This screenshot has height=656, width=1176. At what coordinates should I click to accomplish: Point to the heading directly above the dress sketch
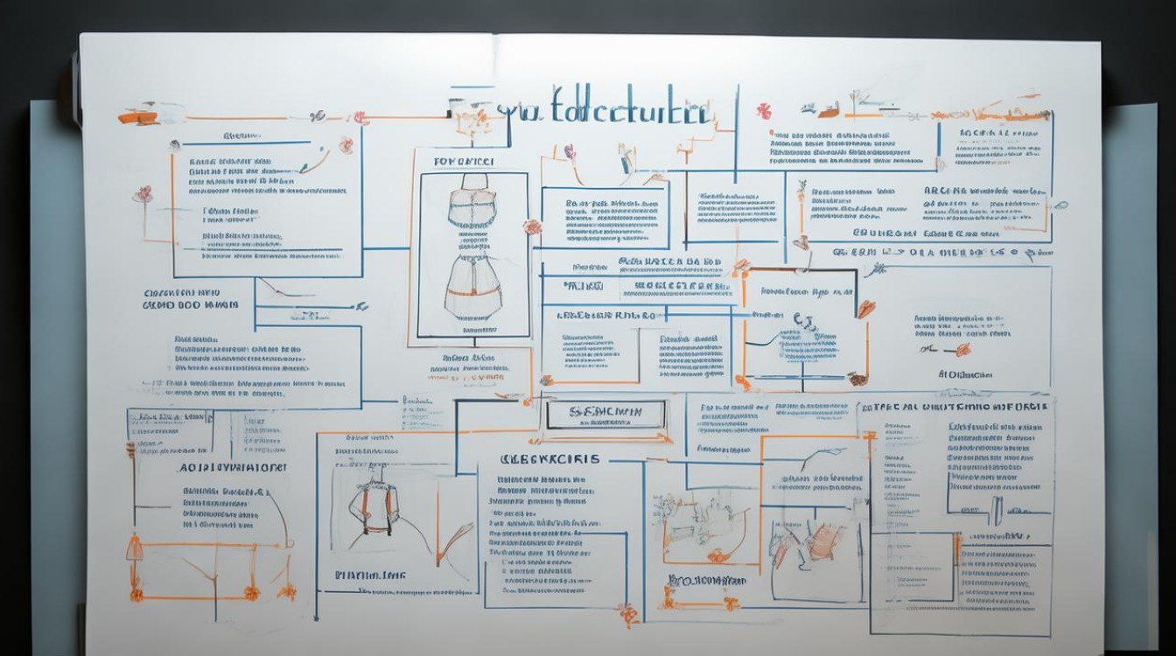pos(464,162)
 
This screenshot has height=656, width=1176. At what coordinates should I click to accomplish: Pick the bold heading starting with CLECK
pos(549,458)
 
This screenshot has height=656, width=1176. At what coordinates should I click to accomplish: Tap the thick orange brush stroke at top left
pos(140,115)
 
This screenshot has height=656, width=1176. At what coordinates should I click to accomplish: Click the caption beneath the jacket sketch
pos(370,576)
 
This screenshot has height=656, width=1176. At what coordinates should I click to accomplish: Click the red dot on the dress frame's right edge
pos(531,227)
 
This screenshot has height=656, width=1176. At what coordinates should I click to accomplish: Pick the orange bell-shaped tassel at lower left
pos(135,549)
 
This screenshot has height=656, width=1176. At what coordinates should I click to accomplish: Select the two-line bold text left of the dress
pos(191,299)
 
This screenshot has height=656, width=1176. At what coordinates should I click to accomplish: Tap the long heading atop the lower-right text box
pos(954,407)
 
